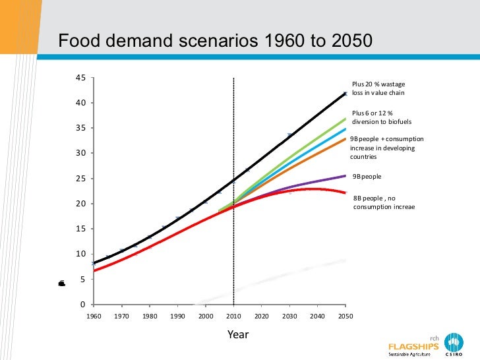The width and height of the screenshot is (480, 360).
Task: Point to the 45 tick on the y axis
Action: (80, 78)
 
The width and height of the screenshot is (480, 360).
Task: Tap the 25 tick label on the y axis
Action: (80, 179)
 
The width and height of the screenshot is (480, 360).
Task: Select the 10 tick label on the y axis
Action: (80, 254)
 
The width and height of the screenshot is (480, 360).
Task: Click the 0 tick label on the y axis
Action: (82, 305)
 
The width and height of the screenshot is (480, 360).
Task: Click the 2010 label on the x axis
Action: (233, 316)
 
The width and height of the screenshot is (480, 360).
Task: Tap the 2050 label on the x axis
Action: (345, 316)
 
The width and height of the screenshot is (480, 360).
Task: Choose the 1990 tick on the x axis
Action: (177, 316)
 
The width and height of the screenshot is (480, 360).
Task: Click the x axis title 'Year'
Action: (238, 334)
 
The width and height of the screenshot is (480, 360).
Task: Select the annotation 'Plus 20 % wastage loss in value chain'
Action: (378, 89)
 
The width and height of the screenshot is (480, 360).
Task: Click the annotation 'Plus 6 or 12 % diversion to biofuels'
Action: (376, 117)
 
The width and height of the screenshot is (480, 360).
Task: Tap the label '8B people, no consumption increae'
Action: (384, 202)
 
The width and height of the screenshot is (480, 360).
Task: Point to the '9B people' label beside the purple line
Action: (367, 177)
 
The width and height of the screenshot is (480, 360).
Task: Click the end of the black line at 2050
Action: (345, 94)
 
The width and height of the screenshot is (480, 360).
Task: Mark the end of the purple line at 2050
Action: (345, 175)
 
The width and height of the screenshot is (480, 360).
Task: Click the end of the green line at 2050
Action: (345, 119)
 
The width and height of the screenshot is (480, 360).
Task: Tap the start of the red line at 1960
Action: (94, 270)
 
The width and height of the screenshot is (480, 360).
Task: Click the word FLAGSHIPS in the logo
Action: (413, 345)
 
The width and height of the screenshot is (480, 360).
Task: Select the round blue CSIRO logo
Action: (454, 342)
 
